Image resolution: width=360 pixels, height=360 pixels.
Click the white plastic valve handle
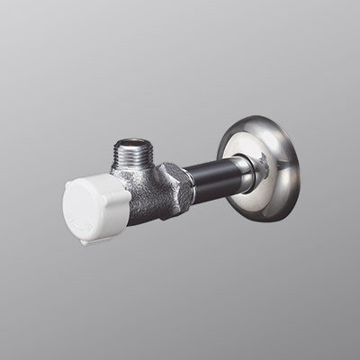(x=90, y=209)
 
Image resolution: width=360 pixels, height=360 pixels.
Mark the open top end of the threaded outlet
(x=135, y=143)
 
